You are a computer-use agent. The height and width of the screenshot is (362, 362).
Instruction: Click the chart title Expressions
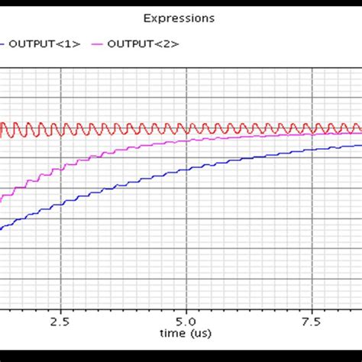tap(181, 18)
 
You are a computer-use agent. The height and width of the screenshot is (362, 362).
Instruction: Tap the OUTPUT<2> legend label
tap(143, 44)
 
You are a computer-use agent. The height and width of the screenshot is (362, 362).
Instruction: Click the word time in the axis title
tap(173, 334)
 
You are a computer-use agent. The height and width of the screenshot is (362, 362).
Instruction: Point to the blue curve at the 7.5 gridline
tap(312, 150)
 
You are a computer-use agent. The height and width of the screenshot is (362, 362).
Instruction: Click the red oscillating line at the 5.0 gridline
tap(186, 129)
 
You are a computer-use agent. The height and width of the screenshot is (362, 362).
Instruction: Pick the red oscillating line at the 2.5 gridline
tap(60, 129)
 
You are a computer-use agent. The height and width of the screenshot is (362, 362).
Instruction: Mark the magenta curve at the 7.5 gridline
tap(312, 134)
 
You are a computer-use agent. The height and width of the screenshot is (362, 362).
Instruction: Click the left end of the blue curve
tap(2, 228)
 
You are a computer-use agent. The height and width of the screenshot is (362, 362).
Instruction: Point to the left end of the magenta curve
tap(2, 200)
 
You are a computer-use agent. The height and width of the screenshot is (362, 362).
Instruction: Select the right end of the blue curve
tap(360, 145)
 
